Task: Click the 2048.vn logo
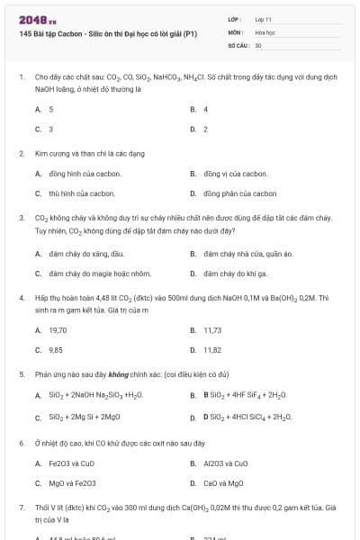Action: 33,18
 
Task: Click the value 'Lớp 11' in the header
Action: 264,18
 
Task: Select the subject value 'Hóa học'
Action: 265,31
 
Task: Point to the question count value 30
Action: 258,44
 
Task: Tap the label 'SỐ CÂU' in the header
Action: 238,44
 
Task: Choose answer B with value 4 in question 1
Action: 205,109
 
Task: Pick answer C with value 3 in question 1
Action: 50,129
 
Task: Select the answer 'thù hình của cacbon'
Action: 84,193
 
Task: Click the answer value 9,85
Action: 56,349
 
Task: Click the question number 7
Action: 21,508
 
